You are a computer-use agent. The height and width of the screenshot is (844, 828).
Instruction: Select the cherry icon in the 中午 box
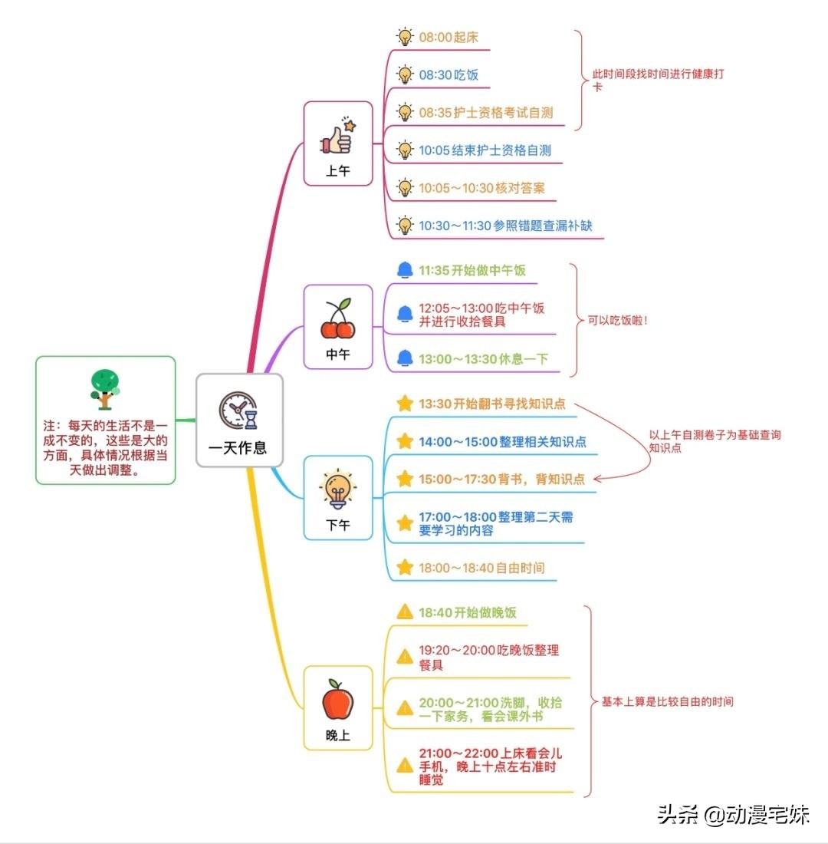pyautogui.click(x=337, y=319)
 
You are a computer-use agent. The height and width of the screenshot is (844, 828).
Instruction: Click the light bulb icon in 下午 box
pyautogui.click(x=337, y=490)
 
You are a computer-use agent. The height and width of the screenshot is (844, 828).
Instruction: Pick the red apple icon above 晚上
pyautogui.click(x=337, y=699)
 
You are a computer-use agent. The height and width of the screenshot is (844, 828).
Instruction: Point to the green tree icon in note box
pyautogui.click(x=104, y=387)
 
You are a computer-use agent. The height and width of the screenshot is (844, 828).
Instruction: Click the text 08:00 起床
pyautogui.click(x=449, y=37)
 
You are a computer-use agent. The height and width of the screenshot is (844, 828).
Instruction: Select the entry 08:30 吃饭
pyautogui.click(x=449, y=74)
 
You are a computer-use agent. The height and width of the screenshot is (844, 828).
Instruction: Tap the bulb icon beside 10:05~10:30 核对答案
pyautogui.click(x=405, y=188)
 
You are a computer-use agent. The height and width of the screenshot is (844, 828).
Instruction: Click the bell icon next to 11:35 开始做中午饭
pyautogui.click(x=405, y=270)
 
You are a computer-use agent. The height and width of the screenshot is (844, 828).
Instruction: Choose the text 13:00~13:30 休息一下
pyautogui.click(x=483, y=359)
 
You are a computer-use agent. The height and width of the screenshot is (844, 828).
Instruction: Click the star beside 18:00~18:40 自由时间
pyautogui.click(x=405, y=568)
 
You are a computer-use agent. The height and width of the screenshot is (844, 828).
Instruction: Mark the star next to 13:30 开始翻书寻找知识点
pyautogui.click(x=405, y=404)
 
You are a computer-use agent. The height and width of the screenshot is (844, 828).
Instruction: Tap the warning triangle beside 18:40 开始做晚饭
pyautogui.click(x=405, y=612)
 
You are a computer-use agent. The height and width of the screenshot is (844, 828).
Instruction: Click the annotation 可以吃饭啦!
pyautogui.click(x=618, y=319)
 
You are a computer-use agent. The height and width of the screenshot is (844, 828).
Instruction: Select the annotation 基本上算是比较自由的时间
pyautogui.click(x=667, y=701)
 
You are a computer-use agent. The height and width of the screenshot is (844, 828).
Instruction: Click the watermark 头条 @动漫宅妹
pyautogui.click(x=733, y=814)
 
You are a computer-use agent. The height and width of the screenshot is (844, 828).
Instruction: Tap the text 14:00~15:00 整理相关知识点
pyautogui.click(x=502, y=442)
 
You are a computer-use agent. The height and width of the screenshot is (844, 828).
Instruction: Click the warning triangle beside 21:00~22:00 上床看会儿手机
pyautogui.click(x=405, y=765)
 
